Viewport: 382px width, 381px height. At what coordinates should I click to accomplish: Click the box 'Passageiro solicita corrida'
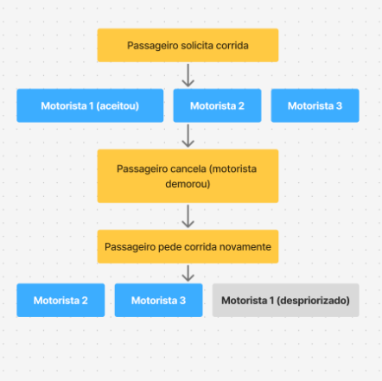(188, 45)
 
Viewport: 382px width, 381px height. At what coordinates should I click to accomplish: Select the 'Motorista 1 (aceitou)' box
(90, 105)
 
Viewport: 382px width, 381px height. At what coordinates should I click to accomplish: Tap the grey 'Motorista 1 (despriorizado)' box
(286, 301)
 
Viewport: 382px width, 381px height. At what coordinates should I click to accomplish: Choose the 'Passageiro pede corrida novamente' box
(188, 246)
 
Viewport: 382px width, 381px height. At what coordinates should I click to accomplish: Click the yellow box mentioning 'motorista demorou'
(188, 176)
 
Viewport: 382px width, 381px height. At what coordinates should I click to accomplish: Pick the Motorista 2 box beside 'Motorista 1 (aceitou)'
(217, 105)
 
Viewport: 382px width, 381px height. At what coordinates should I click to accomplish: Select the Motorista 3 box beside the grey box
(158, 301)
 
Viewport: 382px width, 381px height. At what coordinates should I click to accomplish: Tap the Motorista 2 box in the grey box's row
(60, 301)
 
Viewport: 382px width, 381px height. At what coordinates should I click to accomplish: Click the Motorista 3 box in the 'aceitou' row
(315, 105)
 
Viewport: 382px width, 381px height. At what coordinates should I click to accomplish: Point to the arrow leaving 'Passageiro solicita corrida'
(188, 75)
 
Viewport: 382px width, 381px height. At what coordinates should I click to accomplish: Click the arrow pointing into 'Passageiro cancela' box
(188, 136)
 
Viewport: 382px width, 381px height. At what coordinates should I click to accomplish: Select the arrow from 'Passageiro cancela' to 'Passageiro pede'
(188, 216)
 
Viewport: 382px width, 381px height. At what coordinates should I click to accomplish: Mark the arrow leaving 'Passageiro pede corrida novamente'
(188, 273)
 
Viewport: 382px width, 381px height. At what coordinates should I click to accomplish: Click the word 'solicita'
(196, 46)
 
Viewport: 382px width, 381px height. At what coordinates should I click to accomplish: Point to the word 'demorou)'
(188, 184)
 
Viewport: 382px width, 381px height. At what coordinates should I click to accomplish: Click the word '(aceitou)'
(118, 106)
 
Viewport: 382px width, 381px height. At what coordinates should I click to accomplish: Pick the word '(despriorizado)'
(313, 301)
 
